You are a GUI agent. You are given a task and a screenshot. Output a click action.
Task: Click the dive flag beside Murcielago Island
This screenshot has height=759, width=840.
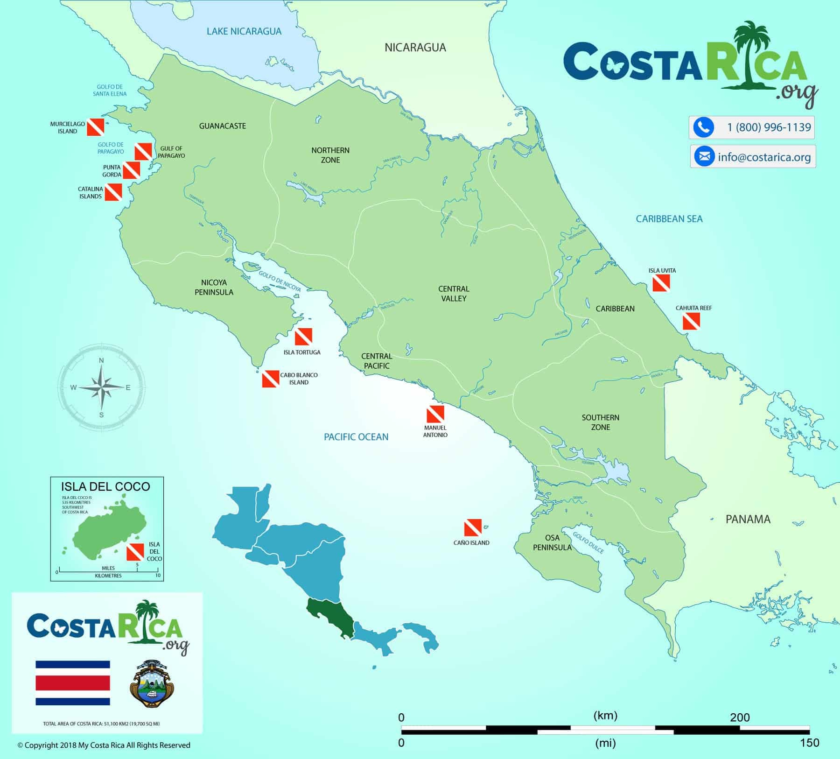(x=95, y=127)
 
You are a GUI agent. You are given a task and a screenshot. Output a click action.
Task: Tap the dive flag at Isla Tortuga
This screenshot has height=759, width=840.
(x=303, y=337)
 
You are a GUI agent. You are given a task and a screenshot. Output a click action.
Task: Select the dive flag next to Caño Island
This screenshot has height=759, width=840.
(x=472, y=527)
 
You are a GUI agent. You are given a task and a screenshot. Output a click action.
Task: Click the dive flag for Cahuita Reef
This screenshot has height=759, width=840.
(x=691, y=322)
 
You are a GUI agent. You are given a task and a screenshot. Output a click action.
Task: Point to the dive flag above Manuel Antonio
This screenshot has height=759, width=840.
(x=435, y=414)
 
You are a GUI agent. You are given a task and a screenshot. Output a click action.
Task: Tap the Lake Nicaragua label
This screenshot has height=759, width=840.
(x=244, y=31)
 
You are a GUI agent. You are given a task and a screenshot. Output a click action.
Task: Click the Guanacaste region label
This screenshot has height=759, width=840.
(x=222, y=126)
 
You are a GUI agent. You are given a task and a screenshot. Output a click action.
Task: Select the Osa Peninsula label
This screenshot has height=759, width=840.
(x=552, y=542)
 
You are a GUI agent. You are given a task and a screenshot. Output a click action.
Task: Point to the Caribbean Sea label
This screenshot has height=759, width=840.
(x=669, y=219)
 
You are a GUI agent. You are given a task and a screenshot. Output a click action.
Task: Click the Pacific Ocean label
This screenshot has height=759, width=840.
(x=356, y=437)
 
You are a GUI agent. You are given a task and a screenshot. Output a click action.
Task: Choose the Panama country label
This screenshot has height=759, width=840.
(x=748, y=519)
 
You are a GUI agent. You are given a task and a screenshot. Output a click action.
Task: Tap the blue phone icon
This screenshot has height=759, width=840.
(x=703, y=127)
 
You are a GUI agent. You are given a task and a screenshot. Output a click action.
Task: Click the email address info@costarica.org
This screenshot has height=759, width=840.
(x=764, y=157)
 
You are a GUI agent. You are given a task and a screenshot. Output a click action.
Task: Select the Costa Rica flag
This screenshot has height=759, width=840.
(x=73, y=682)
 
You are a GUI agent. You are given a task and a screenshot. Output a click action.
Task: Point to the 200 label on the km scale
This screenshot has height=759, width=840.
(x=740, y=717)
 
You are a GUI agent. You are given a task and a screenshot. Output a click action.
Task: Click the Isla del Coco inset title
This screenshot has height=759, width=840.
(x=106, y=486)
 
